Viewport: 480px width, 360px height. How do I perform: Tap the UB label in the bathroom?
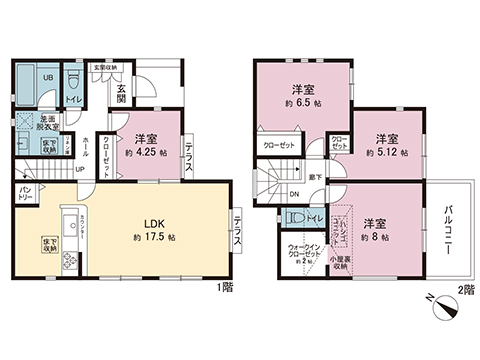click(47, 77)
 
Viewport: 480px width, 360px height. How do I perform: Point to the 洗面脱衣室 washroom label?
click(49, 122)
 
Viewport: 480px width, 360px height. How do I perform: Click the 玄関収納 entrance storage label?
click(105, 67)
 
